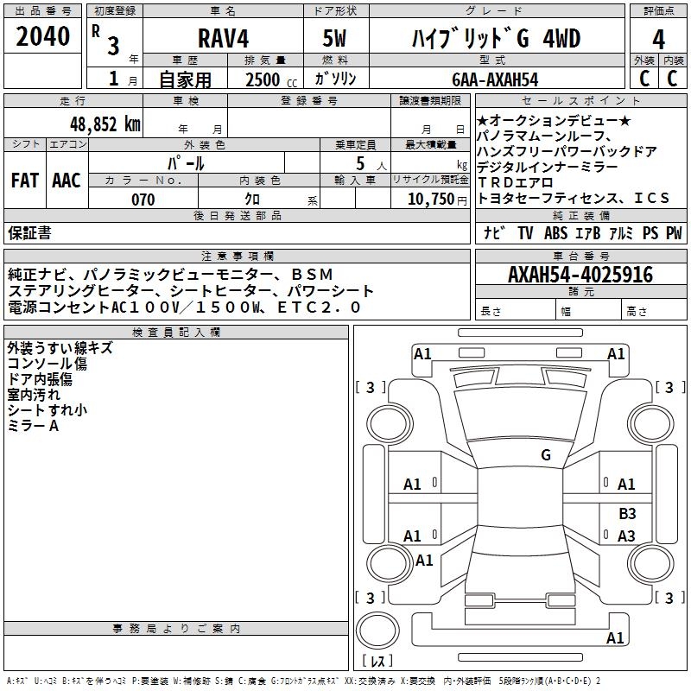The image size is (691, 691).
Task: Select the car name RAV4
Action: pos(222,40)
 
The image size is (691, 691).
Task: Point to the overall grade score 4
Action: pos(658,40)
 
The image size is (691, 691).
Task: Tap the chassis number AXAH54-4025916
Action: pos(580,275)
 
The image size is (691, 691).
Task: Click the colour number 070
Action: pos(143,200)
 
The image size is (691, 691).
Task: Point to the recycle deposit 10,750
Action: pos(429,200)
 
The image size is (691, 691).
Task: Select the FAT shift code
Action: pos(24,180)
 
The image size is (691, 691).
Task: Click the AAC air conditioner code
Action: pos(67,180)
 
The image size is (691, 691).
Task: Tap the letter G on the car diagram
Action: pos(545,454)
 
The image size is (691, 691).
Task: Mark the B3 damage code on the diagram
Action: pos(627,514)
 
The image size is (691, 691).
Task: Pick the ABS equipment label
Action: pos(556,233)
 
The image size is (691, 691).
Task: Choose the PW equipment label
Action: pos(674,233)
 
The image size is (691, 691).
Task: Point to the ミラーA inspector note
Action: pos(34,426)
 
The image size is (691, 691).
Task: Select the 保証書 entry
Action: pos(29,233)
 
